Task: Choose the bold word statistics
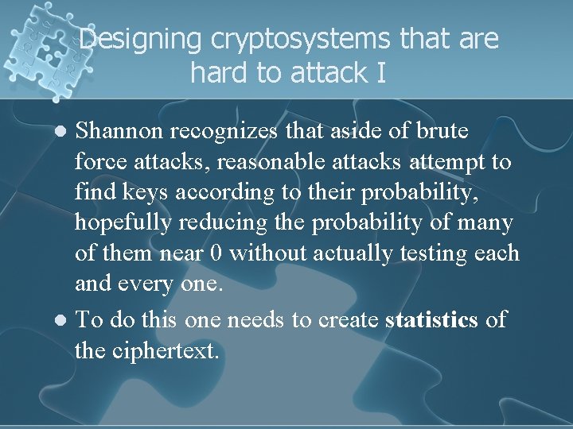pos(431,320)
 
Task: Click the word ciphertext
pos(163,350)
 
